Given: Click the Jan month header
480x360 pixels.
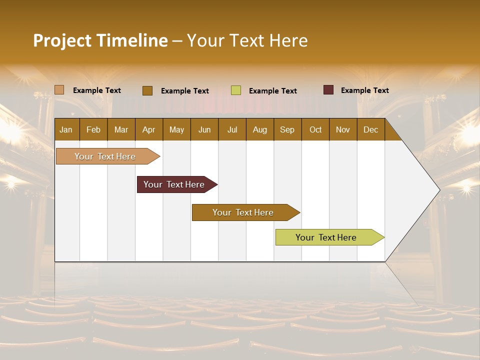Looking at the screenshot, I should pyautogui.click(x=66, y=129).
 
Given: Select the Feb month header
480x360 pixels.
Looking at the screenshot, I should pyautogui.click(x=93, y=129).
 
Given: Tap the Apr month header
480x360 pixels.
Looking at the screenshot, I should pyautogui.click(x=148, y=129).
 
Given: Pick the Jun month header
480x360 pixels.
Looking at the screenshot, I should pyautogui.click(x=204, y=129).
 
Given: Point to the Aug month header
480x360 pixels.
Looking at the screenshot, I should pyautogui.click(x=259, y=129).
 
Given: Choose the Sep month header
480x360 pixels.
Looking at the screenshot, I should pyautogui.click(x=287, y=129).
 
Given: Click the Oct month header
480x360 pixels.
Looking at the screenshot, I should pyautogui.click(x=315, y=129).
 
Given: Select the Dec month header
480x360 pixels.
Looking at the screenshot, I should pyautogui.click(x=370, y=129).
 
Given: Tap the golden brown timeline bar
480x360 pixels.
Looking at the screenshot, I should pyautogui.click(x=243, y=212).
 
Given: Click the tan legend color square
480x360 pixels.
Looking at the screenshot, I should pyautogui.click(x=59, y=90).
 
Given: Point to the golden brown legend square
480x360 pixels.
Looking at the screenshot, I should pyautogui.click(x=147, y=90).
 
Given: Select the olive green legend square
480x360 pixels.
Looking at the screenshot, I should pyautogui.click(x=236, y=90).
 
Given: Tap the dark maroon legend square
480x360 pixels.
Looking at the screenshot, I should pyautogui.click(x=328, y=90).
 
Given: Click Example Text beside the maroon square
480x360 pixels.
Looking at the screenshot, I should pyautogui.click(x=364, y=90).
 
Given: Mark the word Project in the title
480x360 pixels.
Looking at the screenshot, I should pyautogui.click(x=62, y=40).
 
